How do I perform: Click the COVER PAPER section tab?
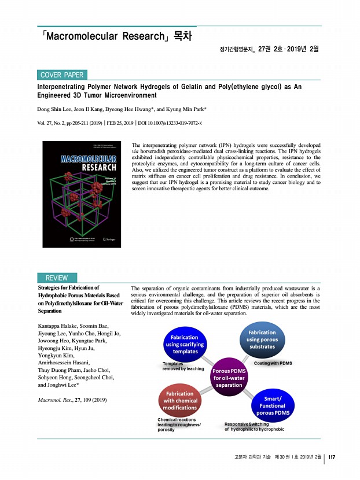[62, 75]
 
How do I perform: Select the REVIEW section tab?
[57, 278]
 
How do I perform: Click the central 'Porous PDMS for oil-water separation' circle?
[230, 377]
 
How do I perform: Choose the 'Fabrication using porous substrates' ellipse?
[262, 339]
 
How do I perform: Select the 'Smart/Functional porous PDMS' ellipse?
[273, 406]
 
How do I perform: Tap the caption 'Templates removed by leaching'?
[183, 366]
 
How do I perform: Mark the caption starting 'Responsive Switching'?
[254, 427]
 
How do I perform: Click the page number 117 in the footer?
[332, 458]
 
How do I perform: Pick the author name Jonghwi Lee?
[68, 384]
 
